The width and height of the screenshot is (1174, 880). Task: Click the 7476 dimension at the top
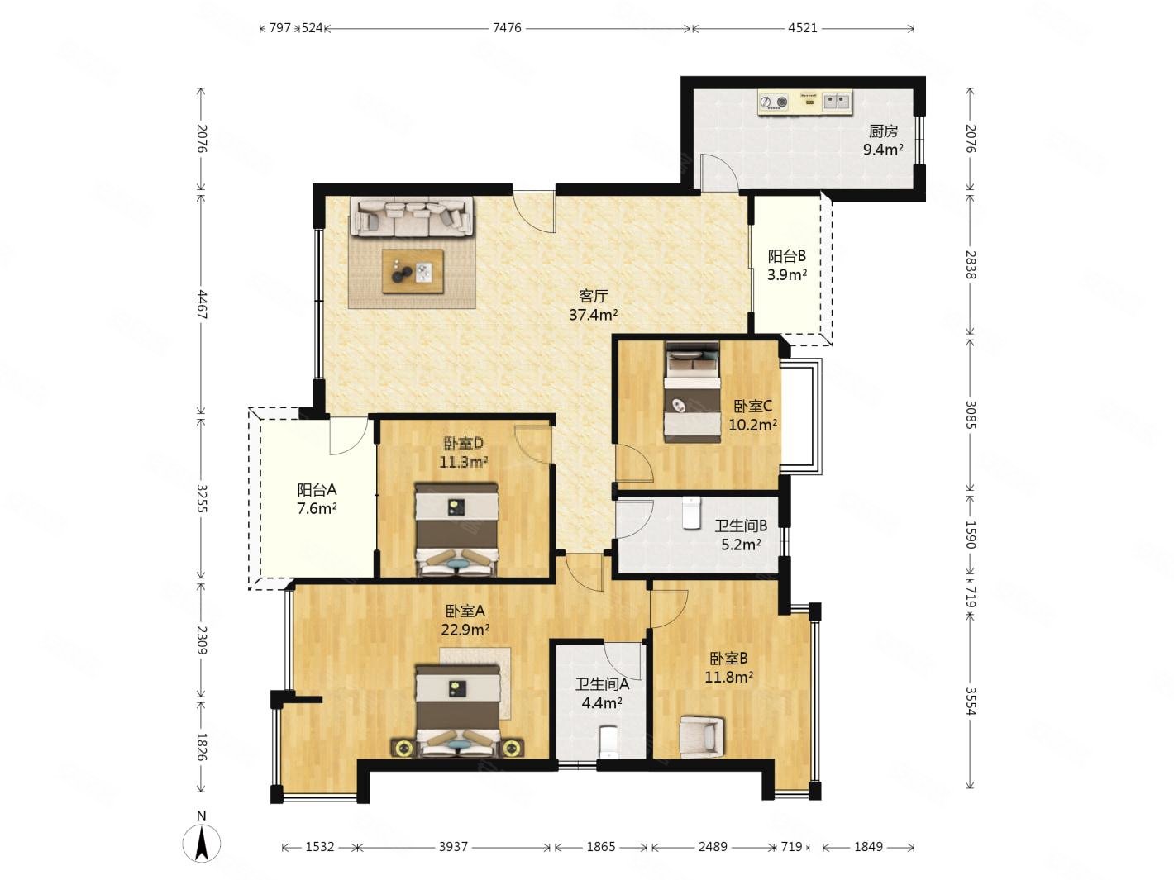(506, 28)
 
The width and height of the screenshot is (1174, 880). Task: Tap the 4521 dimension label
(802, 28)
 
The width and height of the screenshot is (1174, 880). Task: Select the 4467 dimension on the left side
(201, 304)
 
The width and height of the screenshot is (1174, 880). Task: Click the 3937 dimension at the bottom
(453, 846)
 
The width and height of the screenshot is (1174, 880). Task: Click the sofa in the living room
(412, 216)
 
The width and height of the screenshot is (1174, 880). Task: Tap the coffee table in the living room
(413, 271)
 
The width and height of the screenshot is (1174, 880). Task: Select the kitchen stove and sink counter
(804, 102)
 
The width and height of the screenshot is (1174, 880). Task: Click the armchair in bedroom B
(701, 737)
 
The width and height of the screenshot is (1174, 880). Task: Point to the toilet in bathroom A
(608, 742)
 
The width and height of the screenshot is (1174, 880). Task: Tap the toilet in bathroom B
(691, 512)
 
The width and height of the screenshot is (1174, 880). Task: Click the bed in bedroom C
(691, 392)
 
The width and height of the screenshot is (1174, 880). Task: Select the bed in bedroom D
(456, 529)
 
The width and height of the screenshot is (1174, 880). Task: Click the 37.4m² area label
(593, 315)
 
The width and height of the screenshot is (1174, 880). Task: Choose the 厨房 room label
(882, 131)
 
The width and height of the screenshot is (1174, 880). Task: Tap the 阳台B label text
(787, 256)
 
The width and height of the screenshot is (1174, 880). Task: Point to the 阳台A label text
(317, 489)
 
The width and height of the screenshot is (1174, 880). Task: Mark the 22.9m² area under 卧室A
(465, 630)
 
